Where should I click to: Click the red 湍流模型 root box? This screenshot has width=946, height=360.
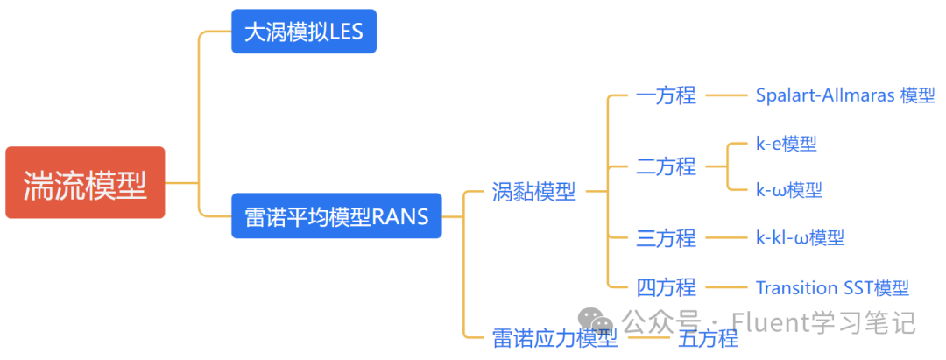click(x=85, y=182)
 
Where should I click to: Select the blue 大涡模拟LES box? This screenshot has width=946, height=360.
click(x=303, y=32)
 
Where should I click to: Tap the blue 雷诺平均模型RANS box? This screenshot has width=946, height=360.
click(x=336, y=216)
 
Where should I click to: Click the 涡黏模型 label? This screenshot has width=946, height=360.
click(x=533, y=191)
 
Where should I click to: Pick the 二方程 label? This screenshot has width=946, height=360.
click(x=666, y=166)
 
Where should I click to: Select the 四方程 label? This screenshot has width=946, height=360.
click(x=666, y=286)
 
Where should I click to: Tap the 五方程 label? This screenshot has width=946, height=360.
click(x=708, y=338)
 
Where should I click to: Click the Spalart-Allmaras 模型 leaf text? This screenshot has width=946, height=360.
click(x=845, y=95)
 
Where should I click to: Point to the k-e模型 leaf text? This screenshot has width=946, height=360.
click(x=787, y=143)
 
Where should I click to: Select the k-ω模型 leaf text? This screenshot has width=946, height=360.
click(x=788, y=189)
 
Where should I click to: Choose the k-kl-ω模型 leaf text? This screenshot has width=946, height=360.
click(x=800, y=236)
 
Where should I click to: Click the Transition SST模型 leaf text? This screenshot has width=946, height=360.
click(x=832, y=287)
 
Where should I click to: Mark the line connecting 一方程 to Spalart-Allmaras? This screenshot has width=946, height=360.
click(x=725, y=95)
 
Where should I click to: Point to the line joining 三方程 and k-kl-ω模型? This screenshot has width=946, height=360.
click(x=725, y=236)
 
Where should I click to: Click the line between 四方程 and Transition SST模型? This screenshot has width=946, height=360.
click(x=725, y=286)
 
